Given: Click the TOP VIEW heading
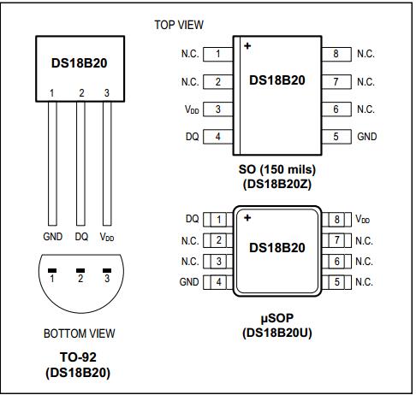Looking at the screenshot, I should click(178, 25).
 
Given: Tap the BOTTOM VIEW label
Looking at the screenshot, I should click(79, 333).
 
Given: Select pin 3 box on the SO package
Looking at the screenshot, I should click(218, 109).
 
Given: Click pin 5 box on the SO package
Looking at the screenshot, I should click(336, 137).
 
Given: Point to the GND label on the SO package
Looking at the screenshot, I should click(366, 137).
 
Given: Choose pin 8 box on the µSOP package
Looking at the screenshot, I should click(337, 220).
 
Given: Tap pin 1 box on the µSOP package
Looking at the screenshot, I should click(218, 220).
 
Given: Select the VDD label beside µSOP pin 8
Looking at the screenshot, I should click(364, 220).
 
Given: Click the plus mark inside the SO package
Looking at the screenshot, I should click(247, 46).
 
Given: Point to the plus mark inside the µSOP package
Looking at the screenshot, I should click(247, 218).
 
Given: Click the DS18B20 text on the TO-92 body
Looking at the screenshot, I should click(80, 63).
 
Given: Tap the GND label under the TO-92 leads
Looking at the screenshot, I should click(52, 236).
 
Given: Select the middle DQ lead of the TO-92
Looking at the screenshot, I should click(80, 162).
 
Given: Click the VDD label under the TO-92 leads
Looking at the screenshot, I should click(108, 236).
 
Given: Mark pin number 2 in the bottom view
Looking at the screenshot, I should click(80, 278).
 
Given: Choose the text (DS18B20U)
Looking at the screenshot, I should click(276, 332).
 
